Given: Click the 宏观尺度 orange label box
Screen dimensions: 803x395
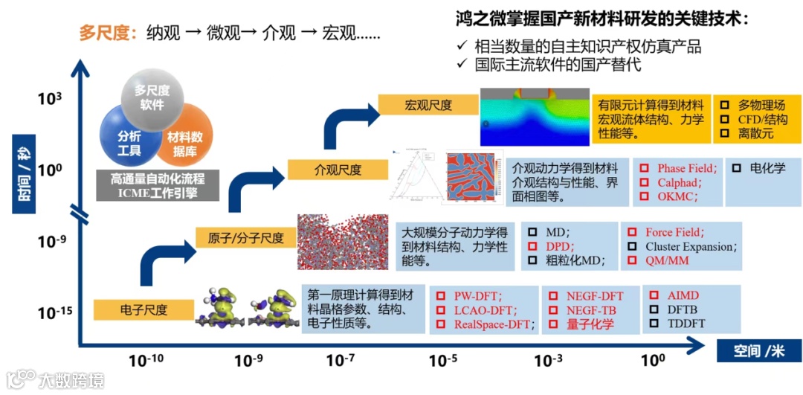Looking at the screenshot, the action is point(428,106).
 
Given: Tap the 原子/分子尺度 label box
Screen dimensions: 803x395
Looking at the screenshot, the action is point(245,237).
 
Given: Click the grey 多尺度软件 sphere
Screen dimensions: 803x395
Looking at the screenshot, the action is point(152,97).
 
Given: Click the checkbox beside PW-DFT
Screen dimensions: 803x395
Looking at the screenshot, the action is point(440,296).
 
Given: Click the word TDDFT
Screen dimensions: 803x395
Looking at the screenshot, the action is point(686,324).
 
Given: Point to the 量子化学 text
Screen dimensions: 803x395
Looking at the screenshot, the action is point(590,324).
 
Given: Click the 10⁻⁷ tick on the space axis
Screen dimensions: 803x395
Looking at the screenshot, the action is point(340,362).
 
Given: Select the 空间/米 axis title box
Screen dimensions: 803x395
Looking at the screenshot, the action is point(758,350).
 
